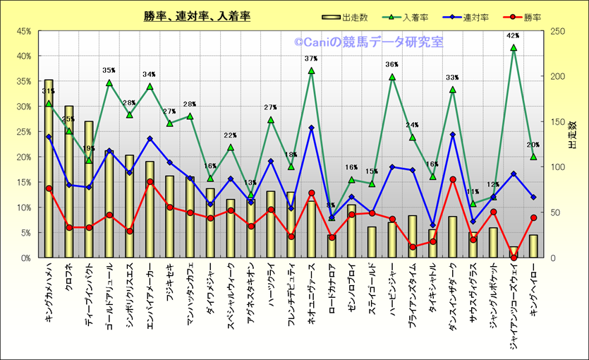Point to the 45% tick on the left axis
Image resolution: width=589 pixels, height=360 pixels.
click(23, 31)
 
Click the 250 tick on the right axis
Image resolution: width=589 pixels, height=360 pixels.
click(557, 31)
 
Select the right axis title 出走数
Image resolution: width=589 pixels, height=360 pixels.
click(573, 134)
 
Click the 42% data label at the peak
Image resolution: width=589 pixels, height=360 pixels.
click(513, 35)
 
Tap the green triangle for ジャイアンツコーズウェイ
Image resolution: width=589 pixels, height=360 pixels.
click(514, 48)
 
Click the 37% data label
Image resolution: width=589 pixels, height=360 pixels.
click(311, 59)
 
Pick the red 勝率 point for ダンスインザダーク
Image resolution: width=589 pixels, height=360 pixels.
click(453, 179)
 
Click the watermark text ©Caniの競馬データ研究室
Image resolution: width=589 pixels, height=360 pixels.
click(369, 42)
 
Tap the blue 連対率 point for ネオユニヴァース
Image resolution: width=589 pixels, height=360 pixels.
click(311, 128)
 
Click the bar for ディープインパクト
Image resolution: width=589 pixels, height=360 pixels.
click(89, 191)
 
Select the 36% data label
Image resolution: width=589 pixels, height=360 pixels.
click(392, 65)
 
